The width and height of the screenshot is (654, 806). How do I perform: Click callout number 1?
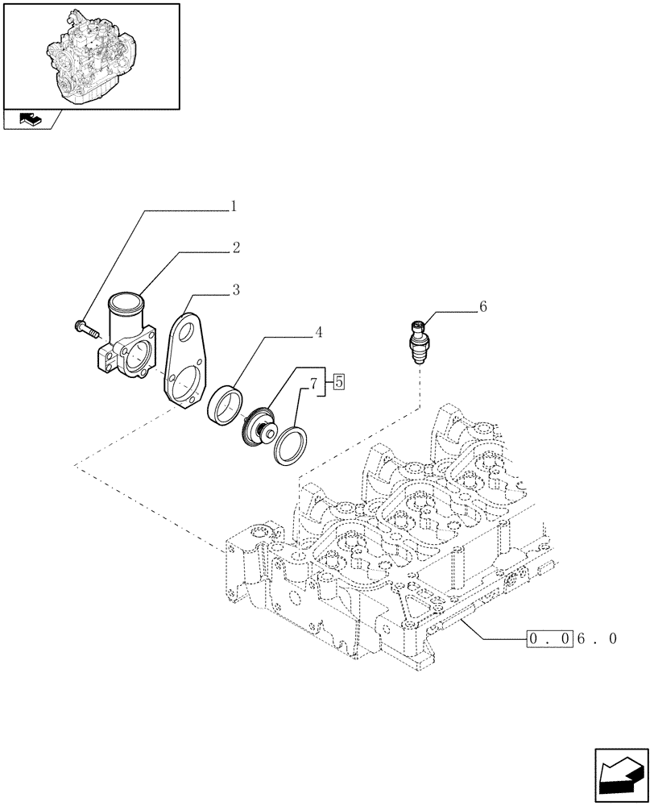click(x=234, y=206)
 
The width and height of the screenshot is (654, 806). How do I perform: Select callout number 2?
click(x=236, y=248)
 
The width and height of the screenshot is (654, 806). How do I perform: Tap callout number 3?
click(x=235, y=289)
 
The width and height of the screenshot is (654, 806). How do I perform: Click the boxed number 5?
click(x=338, y=381)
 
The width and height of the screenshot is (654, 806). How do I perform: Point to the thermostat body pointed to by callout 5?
click(x=259, y=423)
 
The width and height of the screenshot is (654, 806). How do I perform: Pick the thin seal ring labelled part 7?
click(x=287, y=447)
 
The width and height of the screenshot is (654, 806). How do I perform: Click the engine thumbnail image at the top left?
click(x=91, y=55)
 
